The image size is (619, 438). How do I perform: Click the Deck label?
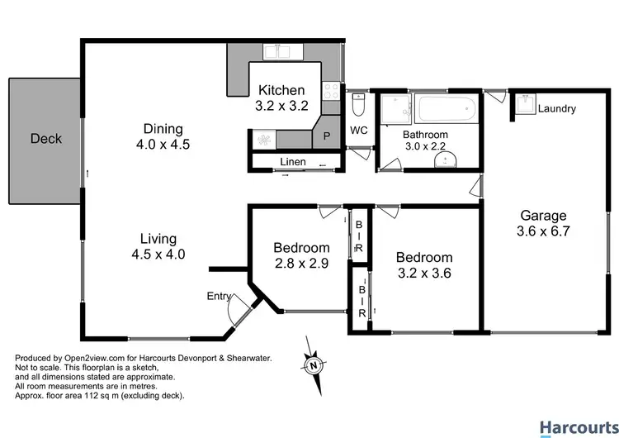coord(45,138)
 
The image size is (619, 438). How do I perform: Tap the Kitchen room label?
coord(282,90)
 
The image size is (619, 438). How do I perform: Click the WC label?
coord(358,131)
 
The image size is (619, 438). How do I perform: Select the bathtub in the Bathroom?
coord(444,109)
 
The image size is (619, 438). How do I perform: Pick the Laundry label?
coord(556,109)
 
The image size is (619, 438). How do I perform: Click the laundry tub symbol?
coord(524,107)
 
